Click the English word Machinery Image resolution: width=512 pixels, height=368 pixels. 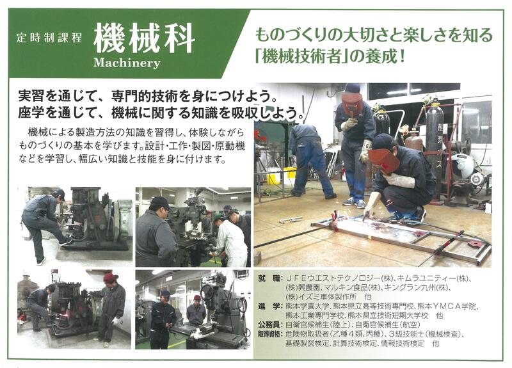pyautogui.click(x=127, y=62)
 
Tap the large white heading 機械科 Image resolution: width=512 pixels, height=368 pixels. pyautogui.click(x=144, y=38)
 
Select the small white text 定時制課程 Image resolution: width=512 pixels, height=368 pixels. pyautogui.click(x=49, y=38)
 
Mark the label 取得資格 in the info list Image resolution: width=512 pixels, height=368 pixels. pyautogui.click(x=269, y=334)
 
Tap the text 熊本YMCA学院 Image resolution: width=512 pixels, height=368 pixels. pyautogui.click(x=447, y=307)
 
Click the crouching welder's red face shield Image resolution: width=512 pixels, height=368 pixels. pyautogui.click(x=384, y=161)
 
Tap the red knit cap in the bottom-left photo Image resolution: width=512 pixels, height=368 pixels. pyautogui.click(x=110, y=278)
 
